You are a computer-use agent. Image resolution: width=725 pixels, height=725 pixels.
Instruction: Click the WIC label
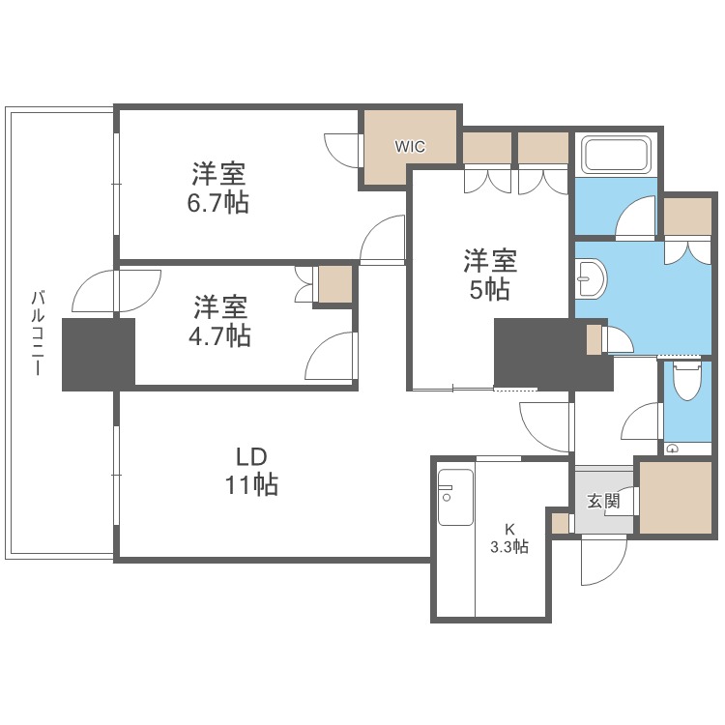(x=409, y=147)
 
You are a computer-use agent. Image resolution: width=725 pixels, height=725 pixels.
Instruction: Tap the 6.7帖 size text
(x=218, y=203)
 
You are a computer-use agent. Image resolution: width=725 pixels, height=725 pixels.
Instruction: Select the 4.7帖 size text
(x=220, y=335)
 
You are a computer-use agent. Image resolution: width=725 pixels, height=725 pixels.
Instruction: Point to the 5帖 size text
(x=490, y=288)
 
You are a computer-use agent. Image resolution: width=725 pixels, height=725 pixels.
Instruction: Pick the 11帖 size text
(x=251, y=485)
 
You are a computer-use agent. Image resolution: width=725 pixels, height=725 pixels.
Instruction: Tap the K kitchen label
(x=509, y=528)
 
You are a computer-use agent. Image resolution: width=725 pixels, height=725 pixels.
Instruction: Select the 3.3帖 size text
(x=509, y=546)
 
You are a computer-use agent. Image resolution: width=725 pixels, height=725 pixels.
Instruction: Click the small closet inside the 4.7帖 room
(x=335, y=283)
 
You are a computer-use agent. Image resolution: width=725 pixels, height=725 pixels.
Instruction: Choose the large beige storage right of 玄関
(x=676, y=497)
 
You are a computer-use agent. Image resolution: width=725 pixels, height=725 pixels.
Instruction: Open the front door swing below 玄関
(x=602, y=561)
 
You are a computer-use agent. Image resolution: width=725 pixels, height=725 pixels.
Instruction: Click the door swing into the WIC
(x=343, y=148)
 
